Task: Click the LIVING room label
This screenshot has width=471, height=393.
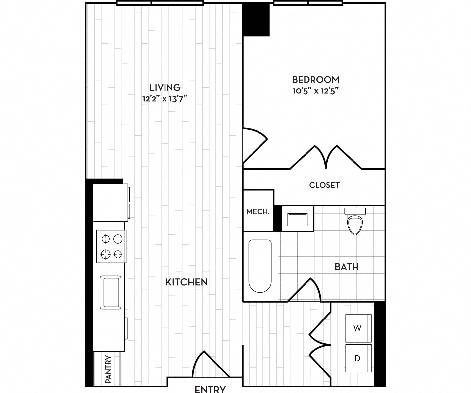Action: pyautogui.click(x=165, y=87)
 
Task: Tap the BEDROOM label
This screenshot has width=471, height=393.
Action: pyautogui.click(x=315, y=80)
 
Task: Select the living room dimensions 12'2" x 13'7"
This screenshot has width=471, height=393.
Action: pyautogui.click(x=165, y=99)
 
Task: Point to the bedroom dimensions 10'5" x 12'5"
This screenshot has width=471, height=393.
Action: pyautogui.click(x=315, y=91)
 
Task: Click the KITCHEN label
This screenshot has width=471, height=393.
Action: pyautogui.click(x=186, y=282)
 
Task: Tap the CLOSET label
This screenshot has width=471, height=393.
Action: pyautogui.click(x=324, y=185)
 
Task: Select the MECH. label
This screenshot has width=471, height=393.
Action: pyautogui.click(x=258, y=212)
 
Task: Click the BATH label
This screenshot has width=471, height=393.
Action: pyautogui.click(x=347, y=267)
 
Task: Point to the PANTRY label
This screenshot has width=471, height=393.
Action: pyautogui.click(x=108, y=369)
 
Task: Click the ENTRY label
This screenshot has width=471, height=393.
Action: pyautogui.click(x=210, y=389)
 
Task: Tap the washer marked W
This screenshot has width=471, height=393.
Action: pyautogui.click(x=358, y=328)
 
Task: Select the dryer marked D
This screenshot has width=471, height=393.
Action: pyautogui.click(x=358, y=358)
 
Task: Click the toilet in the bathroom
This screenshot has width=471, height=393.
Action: pyautogui.click(x=355, y=221)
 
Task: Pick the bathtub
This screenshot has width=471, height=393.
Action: pyautogui.click(x=260, y=266)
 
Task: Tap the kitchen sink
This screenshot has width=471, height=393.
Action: pyautogui.click(x=111, y=292)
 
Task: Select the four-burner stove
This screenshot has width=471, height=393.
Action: pyautogui.click(x=111, y=246)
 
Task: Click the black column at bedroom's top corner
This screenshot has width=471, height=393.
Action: pyautogui.click(x=256, y=20)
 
